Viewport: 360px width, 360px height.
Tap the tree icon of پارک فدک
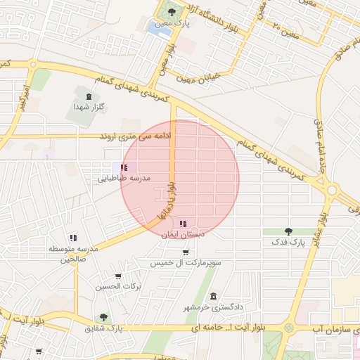[288, 231]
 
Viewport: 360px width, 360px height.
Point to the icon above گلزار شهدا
[89, 97]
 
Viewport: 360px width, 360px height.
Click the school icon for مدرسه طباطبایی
[124, 168]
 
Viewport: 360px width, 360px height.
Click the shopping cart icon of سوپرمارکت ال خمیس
[184, 251]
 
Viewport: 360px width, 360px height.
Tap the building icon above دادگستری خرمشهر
[213, 296]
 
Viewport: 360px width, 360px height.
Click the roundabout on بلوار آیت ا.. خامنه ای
[288, 328]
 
